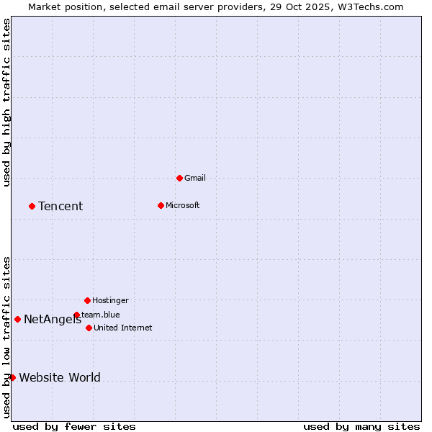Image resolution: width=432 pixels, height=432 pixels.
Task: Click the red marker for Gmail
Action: [x=179, y=178]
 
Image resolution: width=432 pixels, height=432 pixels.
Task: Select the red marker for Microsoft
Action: [x=161, y=205]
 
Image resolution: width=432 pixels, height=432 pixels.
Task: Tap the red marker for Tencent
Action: [x=32, y=206]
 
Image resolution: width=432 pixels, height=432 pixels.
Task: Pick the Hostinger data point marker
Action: [x=87, y=300]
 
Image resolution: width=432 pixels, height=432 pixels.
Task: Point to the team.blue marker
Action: [x=76, y=315]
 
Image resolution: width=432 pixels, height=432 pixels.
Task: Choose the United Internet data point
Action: [x=89, y=328]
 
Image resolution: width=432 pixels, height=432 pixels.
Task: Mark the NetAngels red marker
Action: [x=17, y=319]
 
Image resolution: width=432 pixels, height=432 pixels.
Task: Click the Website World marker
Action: [x=12, y=377]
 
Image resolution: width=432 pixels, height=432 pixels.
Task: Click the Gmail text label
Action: [x=195, y=178]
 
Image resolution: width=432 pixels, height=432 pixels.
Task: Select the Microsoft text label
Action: [x=183, y=205]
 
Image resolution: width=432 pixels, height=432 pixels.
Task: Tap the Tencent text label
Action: [x=60, y=207]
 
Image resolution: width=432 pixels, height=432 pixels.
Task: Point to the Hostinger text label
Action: [x=110, y=300]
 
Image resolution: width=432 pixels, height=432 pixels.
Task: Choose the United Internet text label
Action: [x=123, y=328]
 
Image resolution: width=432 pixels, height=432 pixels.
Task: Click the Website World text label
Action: [x=60, y=378]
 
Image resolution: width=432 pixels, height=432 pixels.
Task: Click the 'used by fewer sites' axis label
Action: [x=74, y=426]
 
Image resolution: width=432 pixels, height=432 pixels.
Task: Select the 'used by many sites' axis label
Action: [x=361, y=426]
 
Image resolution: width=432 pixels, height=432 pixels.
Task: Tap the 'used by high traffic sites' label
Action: [x=6, y=102]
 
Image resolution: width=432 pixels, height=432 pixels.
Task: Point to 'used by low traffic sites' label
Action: [x=6, y=337]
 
